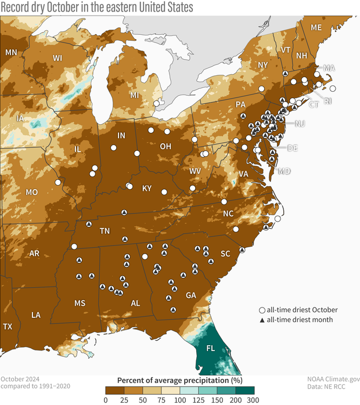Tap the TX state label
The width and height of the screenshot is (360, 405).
[7, 327]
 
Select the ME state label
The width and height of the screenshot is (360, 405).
[316, 28]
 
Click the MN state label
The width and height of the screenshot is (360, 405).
[11, 53]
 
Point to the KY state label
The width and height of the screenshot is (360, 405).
[147, 189]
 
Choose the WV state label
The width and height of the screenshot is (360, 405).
[195, 172]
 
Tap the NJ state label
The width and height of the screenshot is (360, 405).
[300, 124]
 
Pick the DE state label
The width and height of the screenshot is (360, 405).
[292, 148]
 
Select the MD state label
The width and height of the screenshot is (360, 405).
[284, 171]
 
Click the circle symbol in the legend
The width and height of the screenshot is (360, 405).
[262, 310]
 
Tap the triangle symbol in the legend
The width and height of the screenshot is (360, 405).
[262, 319]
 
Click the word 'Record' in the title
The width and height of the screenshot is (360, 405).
[15, 7]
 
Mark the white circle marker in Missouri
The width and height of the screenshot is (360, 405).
[57, 182]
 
